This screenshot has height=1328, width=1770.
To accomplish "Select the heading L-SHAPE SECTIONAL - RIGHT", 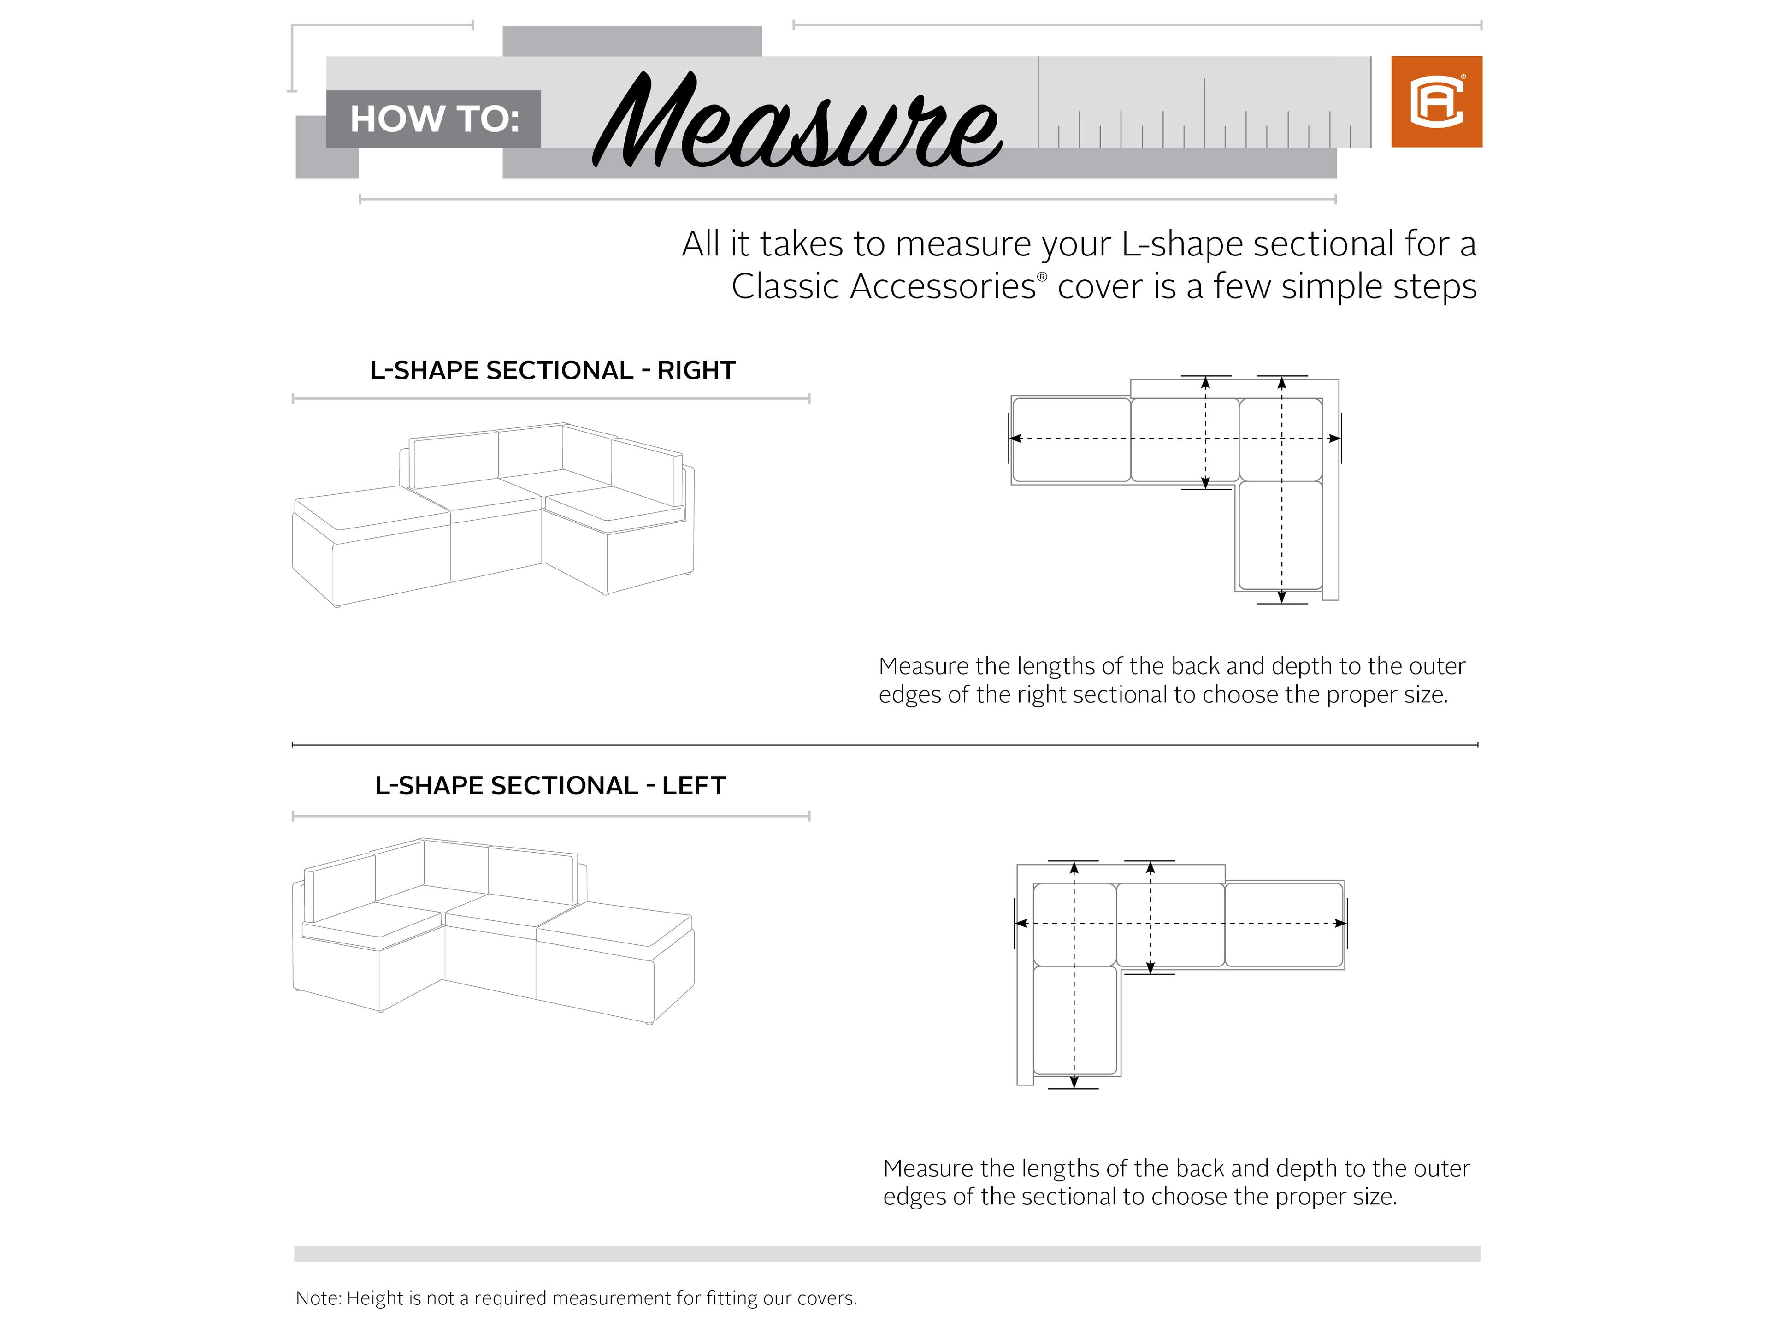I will click(552, 371).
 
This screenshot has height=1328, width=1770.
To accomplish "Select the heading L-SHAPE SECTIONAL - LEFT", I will click(550, 786).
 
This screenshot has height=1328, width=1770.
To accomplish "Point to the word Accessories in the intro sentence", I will click(943, 286).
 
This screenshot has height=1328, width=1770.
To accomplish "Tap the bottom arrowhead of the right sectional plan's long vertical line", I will click(1282, 596).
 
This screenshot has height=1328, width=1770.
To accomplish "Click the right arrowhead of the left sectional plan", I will click(1341, 924).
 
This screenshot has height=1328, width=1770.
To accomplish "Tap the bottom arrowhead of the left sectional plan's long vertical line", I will click(1074, 1082).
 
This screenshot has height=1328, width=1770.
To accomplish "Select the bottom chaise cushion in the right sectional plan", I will click(1280, 535).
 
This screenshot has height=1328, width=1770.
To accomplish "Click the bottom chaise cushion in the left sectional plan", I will click(1074, 1020).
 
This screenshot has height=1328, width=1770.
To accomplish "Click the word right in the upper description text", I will click(1042, 695).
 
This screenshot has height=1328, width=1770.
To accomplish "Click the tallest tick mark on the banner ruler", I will click(1038, 101).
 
